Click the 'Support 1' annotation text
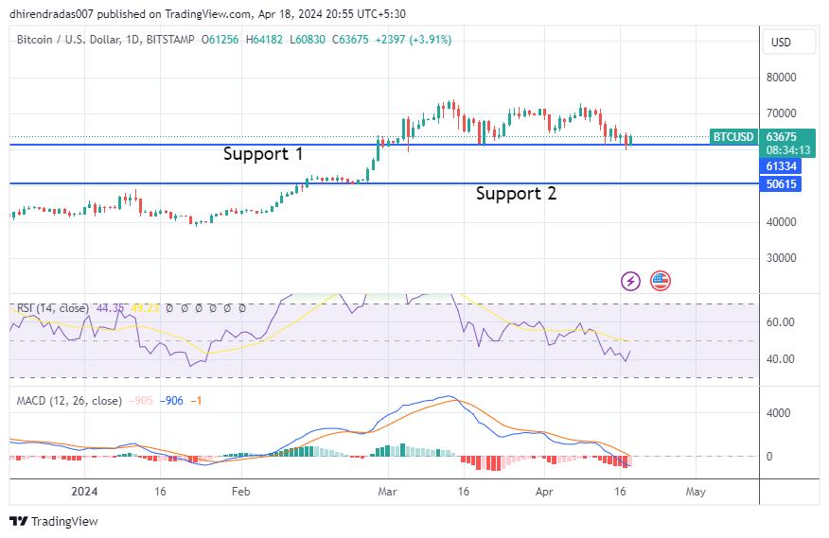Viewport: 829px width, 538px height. tap(263, 154)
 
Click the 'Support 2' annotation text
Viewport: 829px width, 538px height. tap(516, 194)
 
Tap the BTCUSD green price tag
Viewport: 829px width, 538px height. tap(733, 137)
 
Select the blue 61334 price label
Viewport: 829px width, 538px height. tap(782, 166)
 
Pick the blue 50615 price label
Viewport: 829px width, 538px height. tap(782, 184)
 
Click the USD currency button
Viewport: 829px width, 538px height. tap(781, 43)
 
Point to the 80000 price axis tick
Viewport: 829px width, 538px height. tap(781, 78)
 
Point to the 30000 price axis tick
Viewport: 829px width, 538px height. tap(781, 258)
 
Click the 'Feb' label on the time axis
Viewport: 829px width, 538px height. tap(240, 492)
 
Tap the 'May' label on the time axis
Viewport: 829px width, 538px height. tap(696, 492)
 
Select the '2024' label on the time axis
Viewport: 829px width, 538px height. tap(85, 492)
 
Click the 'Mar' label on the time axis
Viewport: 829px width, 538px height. tap(387, 492)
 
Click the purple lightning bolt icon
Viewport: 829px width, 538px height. tap(630, 281)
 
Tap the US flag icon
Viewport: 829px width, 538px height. tap(660, 281)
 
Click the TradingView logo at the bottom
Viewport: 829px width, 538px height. tap(54, 521)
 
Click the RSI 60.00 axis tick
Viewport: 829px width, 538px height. tap(781, 322)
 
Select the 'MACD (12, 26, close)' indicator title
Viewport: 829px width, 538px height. tap(69, 401)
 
